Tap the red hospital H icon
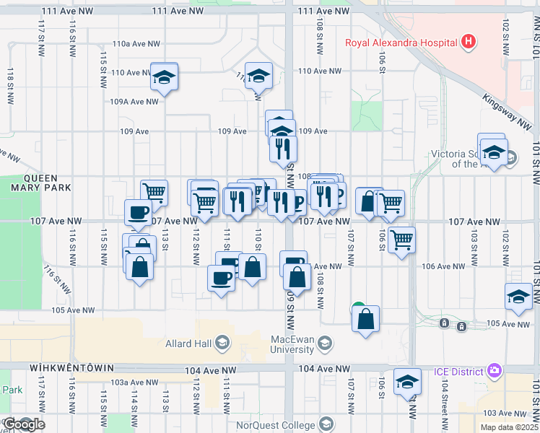tap(469, 41)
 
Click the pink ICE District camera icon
tap(495, 371)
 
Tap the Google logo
tap(23, 424)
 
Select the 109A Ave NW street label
tap(134, 102)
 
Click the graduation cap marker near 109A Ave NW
tap(165, 76)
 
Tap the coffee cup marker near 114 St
tap(139, 212)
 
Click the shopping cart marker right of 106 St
tap(402, 238)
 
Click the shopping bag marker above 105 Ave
tap(366, 319)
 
